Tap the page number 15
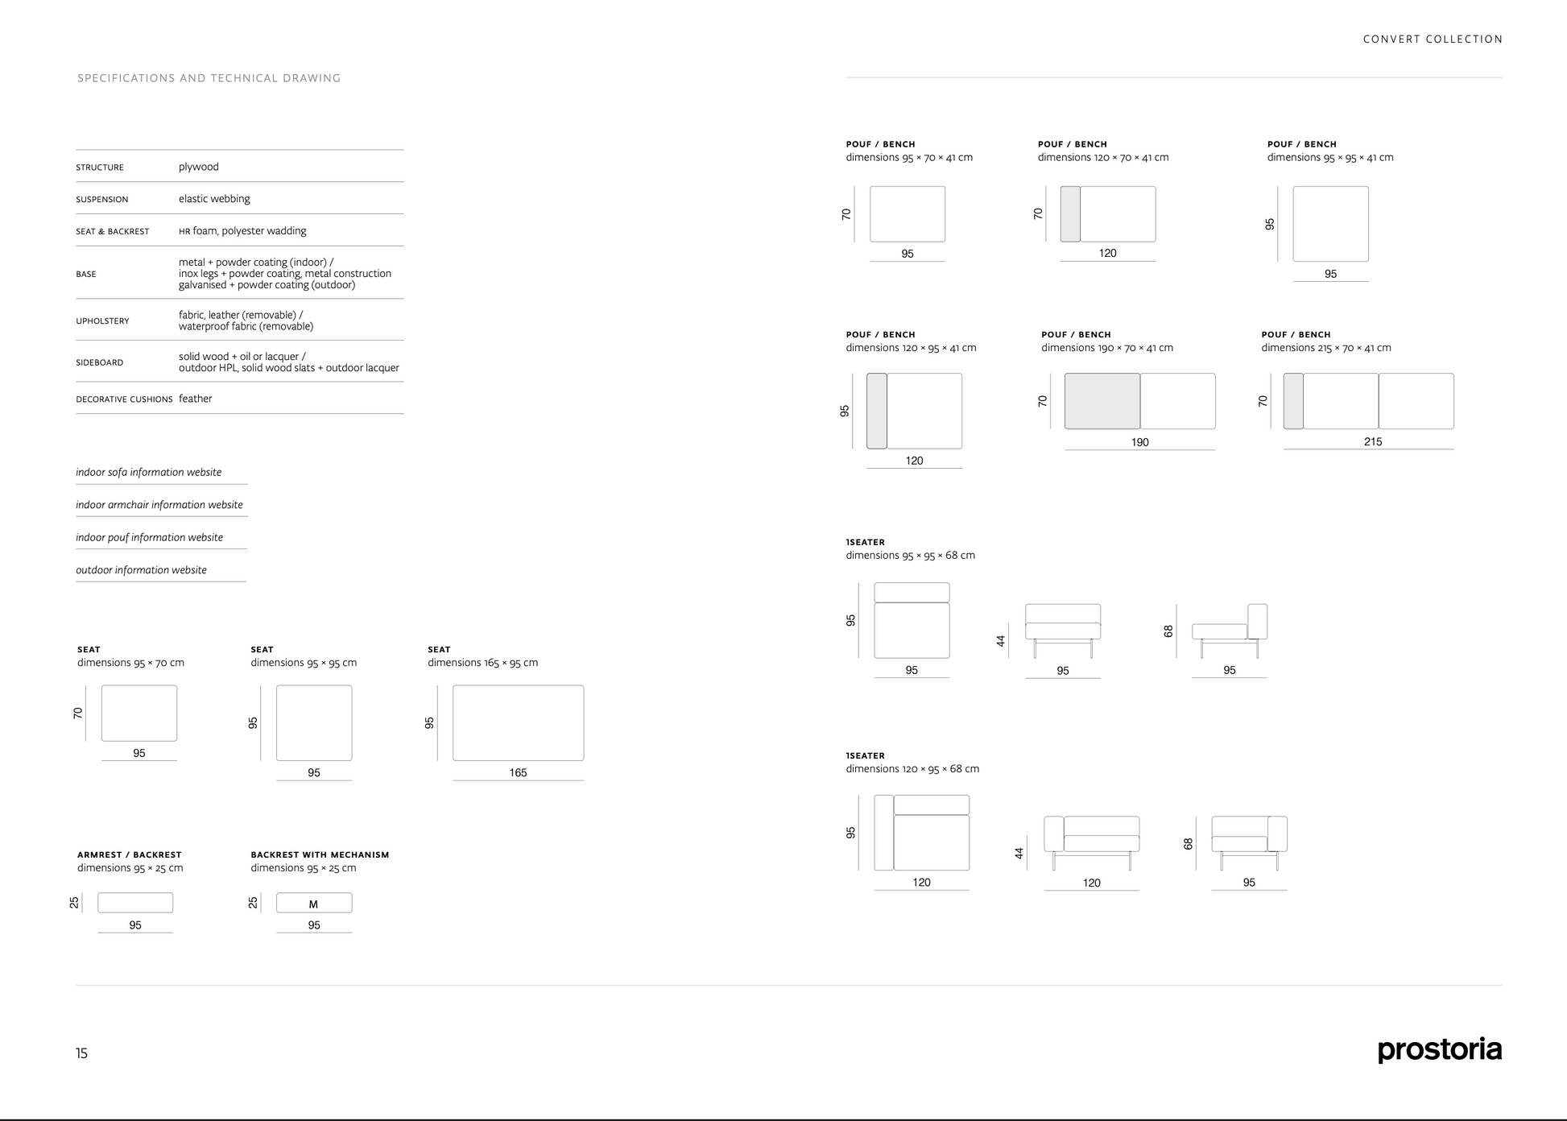[81, 1053]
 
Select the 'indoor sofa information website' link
[149, 473]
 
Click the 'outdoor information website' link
[142, 570]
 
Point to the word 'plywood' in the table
[199, 168]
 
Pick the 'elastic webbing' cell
[214, 199]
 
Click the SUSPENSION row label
[102, 200]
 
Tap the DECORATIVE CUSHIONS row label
[124, 399]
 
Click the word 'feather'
[196, 399]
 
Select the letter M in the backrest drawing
[313, 904]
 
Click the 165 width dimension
[518, 773]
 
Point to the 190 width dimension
[1140, 443]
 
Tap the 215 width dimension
[1373, 442]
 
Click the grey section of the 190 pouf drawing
[1102, 401]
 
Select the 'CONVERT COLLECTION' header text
[1433, 39]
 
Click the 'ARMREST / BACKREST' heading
[130, 855]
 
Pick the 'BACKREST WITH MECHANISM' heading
[320, 855]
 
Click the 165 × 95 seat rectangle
[519, 723]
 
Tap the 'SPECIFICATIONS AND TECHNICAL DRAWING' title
[209, 78]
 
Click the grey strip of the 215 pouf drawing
[1293, 401]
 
